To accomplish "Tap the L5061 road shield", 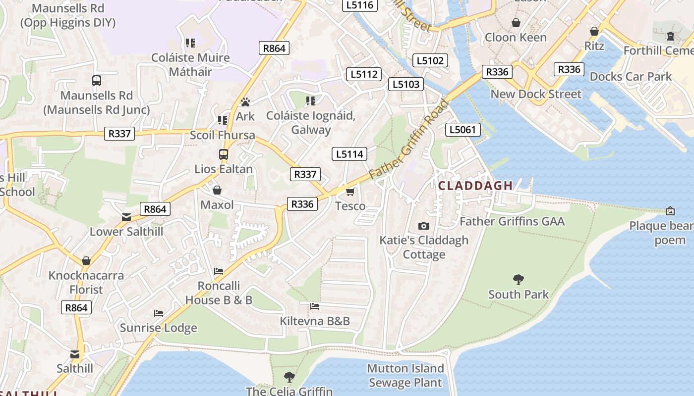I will click(463, 130).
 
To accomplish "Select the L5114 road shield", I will click(350, 154).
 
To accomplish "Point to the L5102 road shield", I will click(430, 60).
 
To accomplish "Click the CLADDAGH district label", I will click(475, 186).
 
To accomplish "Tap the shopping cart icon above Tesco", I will click(350, 192).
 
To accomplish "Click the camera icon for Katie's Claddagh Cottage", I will click(424, 226).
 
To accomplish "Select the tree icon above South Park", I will click(519, 280).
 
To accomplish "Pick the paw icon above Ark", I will click(245, 102).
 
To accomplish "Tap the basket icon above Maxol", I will click(217, 190).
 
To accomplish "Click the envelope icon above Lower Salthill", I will click(126, 217).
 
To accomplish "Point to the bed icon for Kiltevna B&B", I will click(315, 306).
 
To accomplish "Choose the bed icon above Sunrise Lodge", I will click(159, 313).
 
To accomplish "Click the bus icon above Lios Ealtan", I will click(224, 154).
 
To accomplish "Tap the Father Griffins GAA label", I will click(512, 221).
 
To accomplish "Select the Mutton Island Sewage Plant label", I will click(405, 375).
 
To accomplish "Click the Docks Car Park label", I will click(631, 76).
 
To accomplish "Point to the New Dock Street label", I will click(536, 94).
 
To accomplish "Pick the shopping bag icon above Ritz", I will click(594, 32).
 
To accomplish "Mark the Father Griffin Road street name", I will click(409, 140).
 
